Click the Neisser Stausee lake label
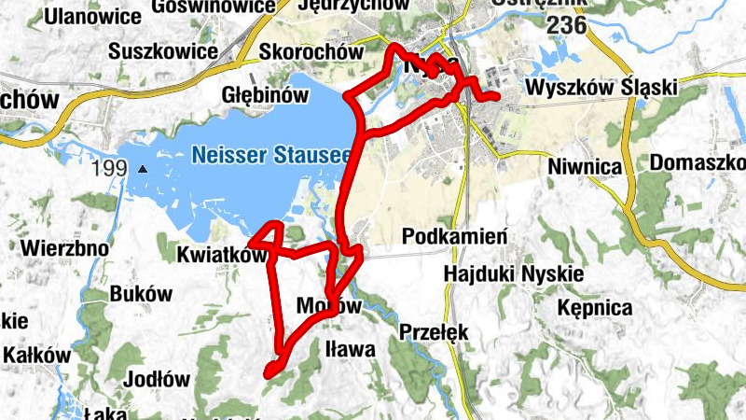tap(270, 154)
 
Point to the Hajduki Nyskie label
tap(514, 273)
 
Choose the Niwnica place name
tap(586, 166)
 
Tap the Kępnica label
tap(594, 307)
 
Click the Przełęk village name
tap(432, 332)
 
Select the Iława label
tap(351, 350)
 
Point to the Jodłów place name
tap(157, 380)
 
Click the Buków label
tap(141, 293)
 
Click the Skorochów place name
tap(311, 52)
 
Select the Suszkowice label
tap(162, 51)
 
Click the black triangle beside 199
tap(142, 170)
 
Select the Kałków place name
tap(37, 356)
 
